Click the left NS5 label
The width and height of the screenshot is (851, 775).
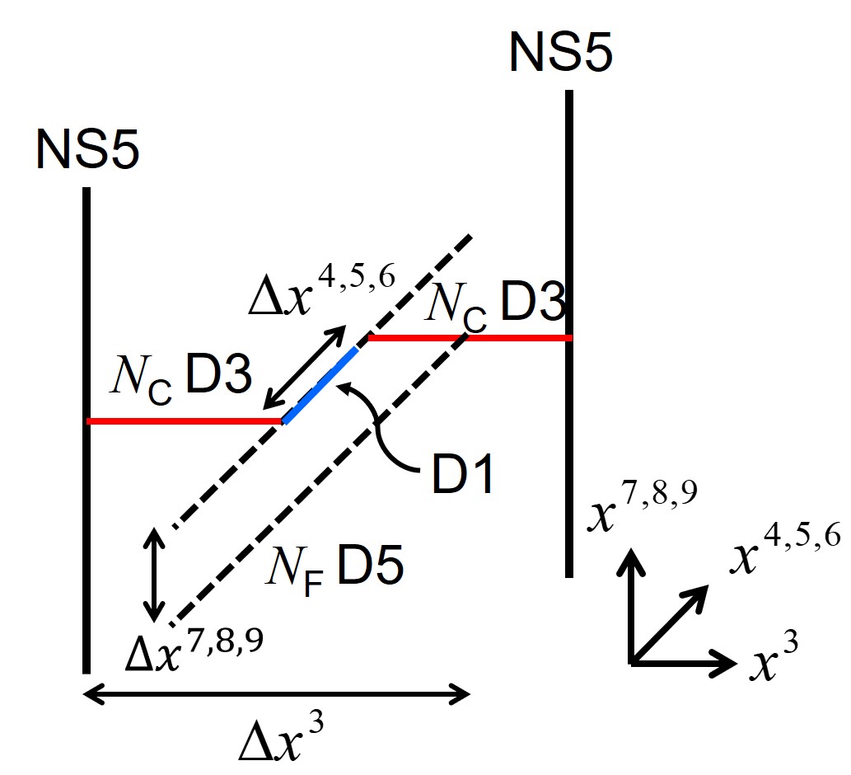click(x=87, y=150)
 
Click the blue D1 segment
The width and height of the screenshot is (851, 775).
click(x=321, y=385)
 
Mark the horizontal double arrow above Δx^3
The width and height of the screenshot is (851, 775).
click(x=277, y=695)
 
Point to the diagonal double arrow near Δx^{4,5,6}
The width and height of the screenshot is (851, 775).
click(x=304, y=366)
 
